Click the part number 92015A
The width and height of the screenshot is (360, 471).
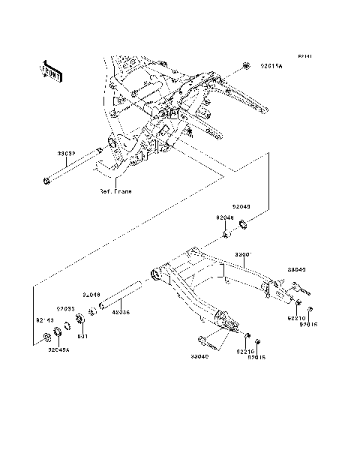click(x=271, y=67)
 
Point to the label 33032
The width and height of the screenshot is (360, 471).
click(x=67, y=152)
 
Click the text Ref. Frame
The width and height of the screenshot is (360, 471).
click(x=115, y=191)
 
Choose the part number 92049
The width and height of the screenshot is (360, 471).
click(x=241, y=205)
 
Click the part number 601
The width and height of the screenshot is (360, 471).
click(x=82, y=336)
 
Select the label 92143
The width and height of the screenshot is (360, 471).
click(x=46, y=320)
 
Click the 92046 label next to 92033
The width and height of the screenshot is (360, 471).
click(x=91, y=295)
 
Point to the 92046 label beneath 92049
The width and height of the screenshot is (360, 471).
click(x=226, y=217)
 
